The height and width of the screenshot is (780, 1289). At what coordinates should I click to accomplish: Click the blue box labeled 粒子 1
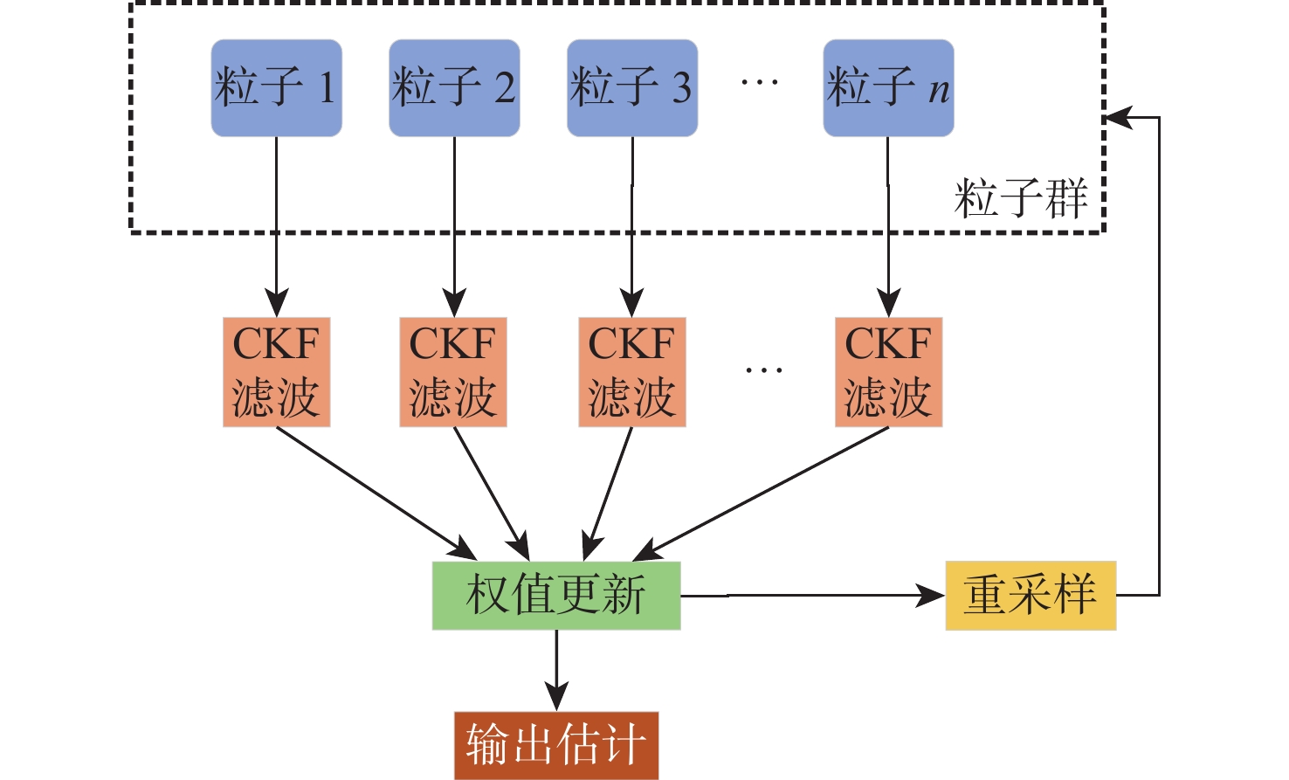(x=276, y=87)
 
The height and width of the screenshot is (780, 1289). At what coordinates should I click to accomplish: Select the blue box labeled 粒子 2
(x=454, y=87)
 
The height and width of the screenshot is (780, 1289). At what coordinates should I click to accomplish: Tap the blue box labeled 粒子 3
(x=632, y=87)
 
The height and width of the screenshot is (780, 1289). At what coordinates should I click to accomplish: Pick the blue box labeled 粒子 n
(x=888, y=87)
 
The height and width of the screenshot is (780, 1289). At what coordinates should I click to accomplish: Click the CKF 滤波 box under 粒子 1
(x=276, y=372)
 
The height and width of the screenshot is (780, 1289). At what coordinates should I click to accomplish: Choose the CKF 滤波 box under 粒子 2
(x=453, y=372)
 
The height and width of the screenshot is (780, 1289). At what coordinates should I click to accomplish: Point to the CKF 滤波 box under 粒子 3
(x=632, y=372)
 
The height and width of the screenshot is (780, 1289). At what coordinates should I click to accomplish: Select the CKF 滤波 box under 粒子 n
(x=888, y=372)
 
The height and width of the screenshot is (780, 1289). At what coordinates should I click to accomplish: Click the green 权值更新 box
(x=556, y=596)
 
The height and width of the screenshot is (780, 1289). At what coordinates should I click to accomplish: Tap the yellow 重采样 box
(x=1031, y=596)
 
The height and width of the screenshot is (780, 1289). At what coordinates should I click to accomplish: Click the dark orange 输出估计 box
(x=556, y=745)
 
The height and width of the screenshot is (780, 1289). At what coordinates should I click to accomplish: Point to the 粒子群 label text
(x=1020, y=199)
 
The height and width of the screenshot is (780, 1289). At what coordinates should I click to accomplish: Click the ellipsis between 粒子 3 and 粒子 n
(x=759, y=82)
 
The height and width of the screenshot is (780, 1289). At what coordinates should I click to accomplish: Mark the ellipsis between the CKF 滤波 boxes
(x=763, y=370)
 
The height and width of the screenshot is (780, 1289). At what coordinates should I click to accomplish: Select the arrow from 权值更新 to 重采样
(x=812, y=596)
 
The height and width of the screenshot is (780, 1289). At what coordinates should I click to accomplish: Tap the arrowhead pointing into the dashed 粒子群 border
(x=1120, y=117)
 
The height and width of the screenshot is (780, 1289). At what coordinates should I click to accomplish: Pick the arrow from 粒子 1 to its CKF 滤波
(x=276, y=227)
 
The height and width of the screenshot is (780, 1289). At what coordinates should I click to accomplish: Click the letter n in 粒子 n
(x=939, y=90)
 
